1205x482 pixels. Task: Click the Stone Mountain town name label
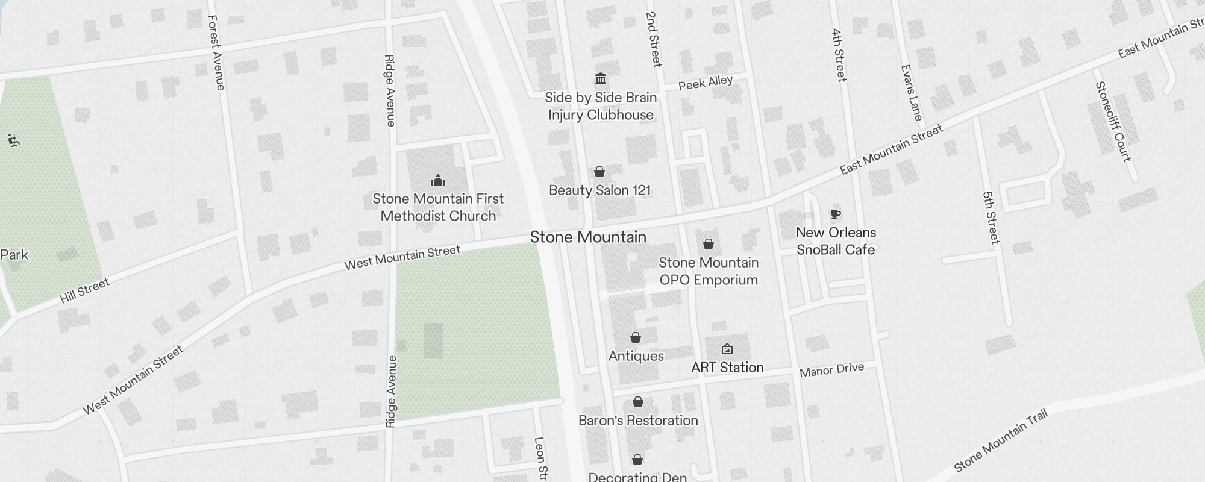588,237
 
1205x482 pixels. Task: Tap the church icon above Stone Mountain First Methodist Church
438,180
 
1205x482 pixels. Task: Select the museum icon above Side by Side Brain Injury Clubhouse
600,79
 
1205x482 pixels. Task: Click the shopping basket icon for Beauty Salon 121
599,172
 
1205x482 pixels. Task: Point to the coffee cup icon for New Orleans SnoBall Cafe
835,214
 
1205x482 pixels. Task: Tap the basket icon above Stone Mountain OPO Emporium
709,244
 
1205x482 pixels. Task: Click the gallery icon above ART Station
727,349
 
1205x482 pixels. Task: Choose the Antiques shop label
636,356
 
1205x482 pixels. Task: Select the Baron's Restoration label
638,421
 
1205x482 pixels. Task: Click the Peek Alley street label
706,83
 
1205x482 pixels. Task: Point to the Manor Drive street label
831,370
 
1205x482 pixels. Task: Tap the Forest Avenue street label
216,53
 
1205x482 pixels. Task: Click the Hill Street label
85,290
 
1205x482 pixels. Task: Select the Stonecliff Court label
1113,122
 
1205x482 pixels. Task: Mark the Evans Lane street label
911,93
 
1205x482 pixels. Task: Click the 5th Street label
991,218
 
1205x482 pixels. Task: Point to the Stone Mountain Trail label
1001,440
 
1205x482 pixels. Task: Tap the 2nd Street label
654,39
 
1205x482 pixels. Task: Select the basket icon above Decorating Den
637,460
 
